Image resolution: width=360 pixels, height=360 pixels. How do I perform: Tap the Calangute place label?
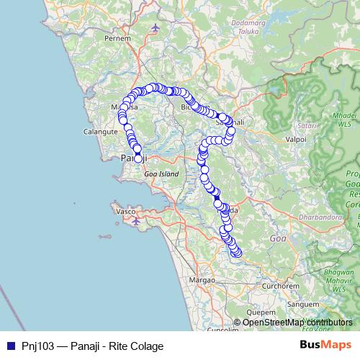pos(101,132)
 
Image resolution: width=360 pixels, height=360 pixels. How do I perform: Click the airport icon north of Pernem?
pos(157,28)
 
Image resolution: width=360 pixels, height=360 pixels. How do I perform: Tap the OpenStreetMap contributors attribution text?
pos(297,322)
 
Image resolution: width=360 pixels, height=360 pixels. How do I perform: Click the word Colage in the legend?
pos(147,346)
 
